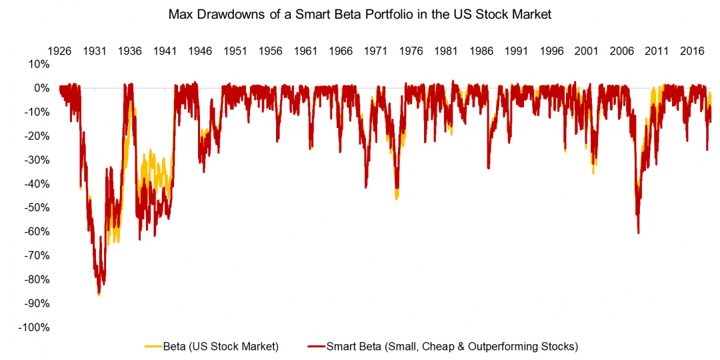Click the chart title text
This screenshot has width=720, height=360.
360,15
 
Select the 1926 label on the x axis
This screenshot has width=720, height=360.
59,51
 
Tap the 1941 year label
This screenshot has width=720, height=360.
165,51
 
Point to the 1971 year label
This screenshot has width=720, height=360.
376,51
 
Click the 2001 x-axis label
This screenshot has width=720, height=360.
587,51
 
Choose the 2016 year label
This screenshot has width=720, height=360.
692,51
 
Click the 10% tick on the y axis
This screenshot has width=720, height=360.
39,65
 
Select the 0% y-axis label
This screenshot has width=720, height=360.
41,88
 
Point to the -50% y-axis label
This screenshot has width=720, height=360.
37,208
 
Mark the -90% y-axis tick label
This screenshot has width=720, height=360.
37,304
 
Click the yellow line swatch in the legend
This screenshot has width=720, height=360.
153,346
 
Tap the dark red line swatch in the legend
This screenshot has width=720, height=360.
316,346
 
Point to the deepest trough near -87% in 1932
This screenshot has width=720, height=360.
99,293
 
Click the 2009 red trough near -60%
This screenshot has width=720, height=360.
638,232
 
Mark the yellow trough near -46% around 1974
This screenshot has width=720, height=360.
397,197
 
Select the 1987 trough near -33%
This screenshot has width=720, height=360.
488,167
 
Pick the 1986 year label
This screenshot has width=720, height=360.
481,51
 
